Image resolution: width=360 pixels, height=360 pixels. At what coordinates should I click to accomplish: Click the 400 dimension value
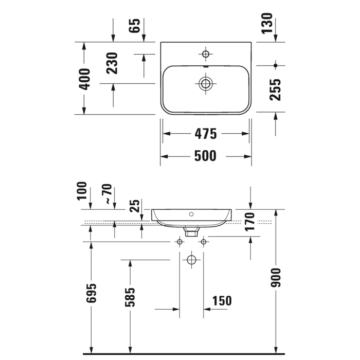coord(85,78)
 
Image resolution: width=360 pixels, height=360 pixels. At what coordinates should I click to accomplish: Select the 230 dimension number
coord(113,63)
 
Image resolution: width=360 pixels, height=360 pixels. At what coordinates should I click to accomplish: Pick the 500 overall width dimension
coord(206,155)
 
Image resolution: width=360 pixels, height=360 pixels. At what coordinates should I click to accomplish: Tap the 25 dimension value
coord(135,206)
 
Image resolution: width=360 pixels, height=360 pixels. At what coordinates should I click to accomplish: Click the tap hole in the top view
coord(206,54)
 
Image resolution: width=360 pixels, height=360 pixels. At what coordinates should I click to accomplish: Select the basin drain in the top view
coord(206,83)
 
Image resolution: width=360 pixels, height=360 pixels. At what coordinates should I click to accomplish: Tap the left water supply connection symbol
coord(179,242)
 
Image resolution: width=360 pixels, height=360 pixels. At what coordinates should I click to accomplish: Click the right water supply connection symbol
coord(204,242)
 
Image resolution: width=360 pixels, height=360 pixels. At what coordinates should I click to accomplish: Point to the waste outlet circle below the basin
coord(191,260)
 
